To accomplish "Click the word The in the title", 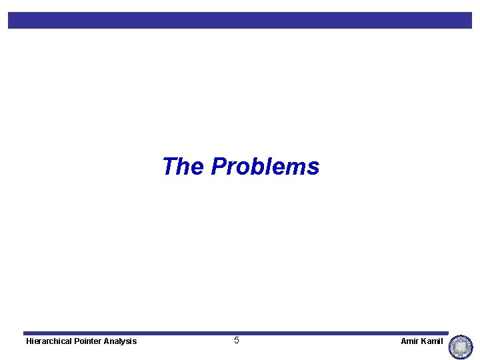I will [x=184, y=166].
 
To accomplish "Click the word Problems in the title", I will [x=265, y=166].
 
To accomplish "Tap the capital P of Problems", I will [x=219, y=166].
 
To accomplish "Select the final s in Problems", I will [x=314, y=167].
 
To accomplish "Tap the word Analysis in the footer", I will [x=121, y=341].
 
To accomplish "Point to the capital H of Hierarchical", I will [x=29, y=341].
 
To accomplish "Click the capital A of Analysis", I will [x=108, y=341].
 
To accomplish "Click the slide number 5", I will [x=237, y=341].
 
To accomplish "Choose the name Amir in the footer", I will [x=409, y=341].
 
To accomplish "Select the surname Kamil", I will [x=432, y=341].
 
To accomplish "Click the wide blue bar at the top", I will [x=240, y=20].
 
